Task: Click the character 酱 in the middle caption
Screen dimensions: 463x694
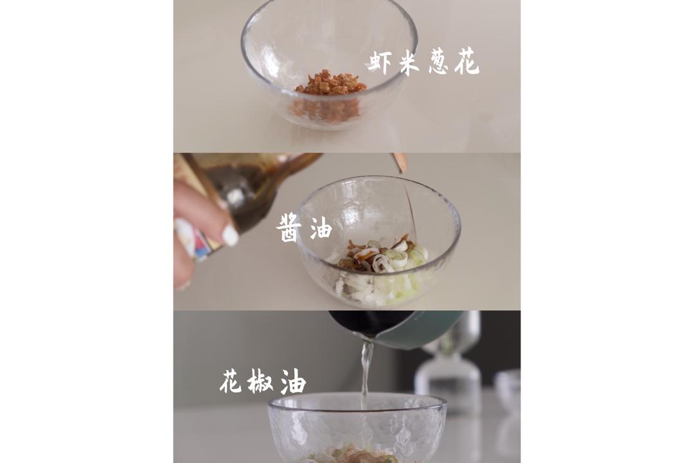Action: (x=289, y=228)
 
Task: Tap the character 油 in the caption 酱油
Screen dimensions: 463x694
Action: (x=321, y=228)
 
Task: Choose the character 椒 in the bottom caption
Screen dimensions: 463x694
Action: (x=260, y=381)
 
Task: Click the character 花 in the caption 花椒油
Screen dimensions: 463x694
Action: (x=230, y=381)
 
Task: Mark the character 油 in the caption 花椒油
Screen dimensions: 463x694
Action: (x=292, y=382)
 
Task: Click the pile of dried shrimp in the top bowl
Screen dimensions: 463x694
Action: (x=330, y=84)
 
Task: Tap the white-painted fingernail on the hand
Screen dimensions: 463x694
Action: (x=230, y=235)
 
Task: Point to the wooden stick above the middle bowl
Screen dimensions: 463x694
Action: (x=400, y=162)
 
